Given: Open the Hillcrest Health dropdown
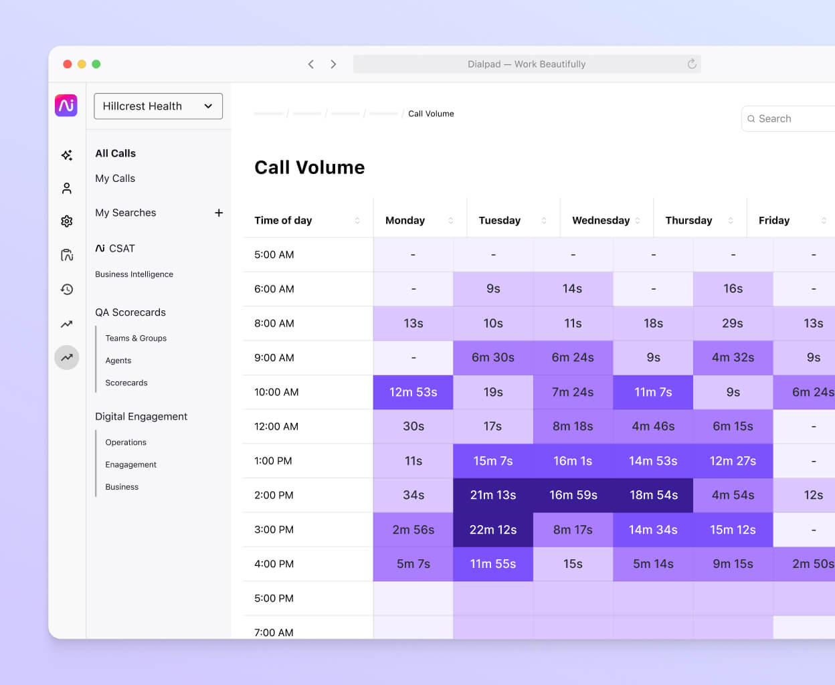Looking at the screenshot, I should (x=158, y=106).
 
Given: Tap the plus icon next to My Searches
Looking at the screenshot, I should (x=219, y=213).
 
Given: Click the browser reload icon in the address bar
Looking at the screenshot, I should (x=692, y=64).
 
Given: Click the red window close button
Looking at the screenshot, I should (x=68, y=64).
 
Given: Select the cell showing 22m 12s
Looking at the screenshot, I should (x=493, y=530).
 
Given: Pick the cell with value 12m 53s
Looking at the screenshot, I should (x=413, y=392).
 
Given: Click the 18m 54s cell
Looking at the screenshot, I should (x=653, y=495).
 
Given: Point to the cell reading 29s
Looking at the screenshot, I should (x=733, y=323).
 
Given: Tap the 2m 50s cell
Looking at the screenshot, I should (x=812, y=564).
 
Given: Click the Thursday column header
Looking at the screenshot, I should (x=688, y=220).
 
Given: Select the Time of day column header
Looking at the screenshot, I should (x=283, y=220).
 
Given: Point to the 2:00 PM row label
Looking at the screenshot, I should (x=274, y=495).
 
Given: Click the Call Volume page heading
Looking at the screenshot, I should (x=310, y=167).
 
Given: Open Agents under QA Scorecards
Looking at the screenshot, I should (x=118, y=361).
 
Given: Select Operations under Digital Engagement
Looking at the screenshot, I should (x=126, y=442).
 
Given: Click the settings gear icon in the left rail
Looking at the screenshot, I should (x=67, y=221).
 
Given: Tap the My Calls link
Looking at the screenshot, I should (x=115, y=179).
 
